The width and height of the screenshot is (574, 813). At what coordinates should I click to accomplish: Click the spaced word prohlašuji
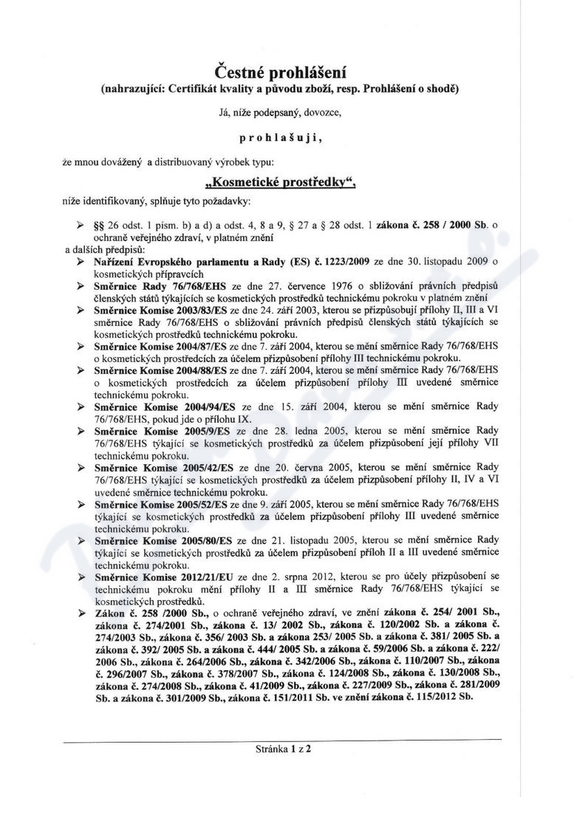pos(280,137)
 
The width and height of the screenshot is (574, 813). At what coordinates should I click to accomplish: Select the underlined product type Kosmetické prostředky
pos(280,182)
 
